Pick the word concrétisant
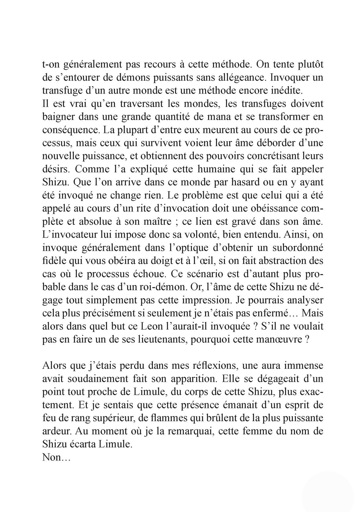tap(268, 156)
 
